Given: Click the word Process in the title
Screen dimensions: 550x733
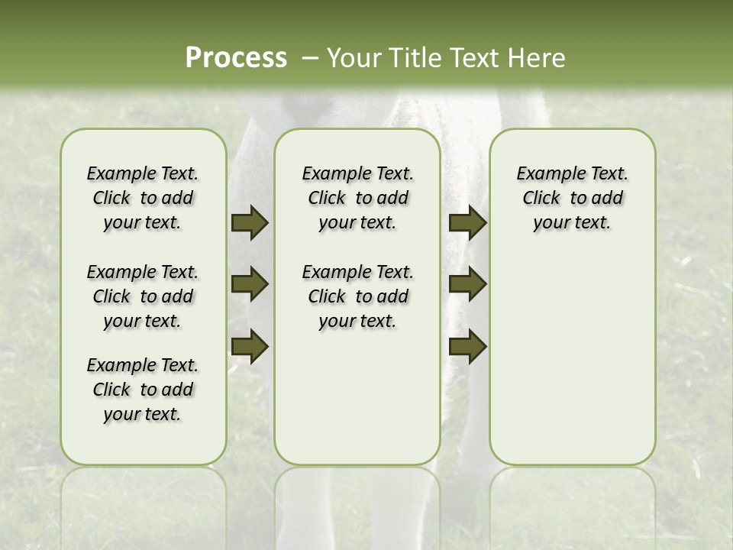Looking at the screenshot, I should coord(236,57).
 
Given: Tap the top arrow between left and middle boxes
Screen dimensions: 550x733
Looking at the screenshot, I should coord(249,223).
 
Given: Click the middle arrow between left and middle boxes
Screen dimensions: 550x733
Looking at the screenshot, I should coord(249,284).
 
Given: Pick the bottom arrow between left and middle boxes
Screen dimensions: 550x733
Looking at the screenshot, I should coord(249,346).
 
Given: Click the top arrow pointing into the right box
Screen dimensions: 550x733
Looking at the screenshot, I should coord(467,223).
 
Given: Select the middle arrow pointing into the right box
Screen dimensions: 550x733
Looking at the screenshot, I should coord(467,284).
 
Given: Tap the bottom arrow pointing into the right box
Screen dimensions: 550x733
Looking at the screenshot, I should coord(467,346).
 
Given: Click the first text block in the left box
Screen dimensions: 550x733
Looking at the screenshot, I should coord(143,198).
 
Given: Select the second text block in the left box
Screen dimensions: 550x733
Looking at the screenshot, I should coord(143,296).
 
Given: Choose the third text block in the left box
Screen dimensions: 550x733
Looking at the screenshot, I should coord(143,390).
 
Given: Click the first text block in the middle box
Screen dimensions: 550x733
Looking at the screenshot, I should coord(357,198).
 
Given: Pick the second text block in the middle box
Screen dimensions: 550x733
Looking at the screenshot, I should coord(357,296).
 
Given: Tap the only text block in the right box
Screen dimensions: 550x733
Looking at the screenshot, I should coord(572,198).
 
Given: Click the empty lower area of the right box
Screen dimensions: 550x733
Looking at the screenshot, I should coord(572,359).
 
